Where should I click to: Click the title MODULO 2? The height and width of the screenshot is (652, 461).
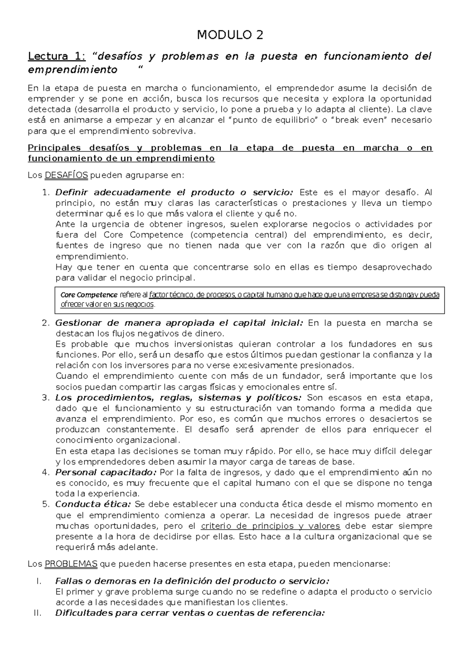click(x=230, y=35)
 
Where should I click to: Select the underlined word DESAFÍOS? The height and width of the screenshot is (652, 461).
click(x=66, y=176)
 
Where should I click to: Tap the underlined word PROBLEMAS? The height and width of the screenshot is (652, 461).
click(x=71, y=564)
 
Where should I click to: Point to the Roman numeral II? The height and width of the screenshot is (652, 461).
click(x=37, y=613)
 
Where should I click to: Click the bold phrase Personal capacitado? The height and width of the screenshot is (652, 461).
click(x=106, y=472)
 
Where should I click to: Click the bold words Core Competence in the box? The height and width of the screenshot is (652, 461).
click(x=89, y=295)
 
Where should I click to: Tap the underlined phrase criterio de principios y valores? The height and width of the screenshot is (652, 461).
click(x=270, y=526)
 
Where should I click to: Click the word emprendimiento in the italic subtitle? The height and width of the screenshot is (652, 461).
click(x=73, y=70)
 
